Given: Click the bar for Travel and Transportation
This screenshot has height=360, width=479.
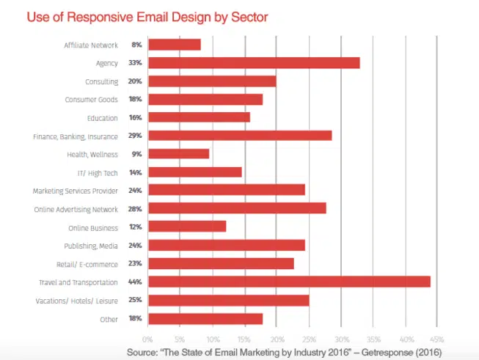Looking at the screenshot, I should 289,282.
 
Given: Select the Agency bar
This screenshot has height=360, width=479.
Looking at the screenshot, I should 254,63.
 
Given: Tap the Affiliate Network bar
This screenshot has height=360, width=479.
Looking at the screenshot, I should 175,45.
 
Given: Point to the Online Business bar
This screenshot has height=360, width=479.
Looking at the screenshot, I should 187,227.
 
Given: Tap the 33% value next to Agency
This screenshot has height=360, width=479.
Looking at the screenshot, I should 136,63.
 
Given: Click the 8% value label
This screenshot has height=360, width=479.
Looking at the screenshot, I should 137,45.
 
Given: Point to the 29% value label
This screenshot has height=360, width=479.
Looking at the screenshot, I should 136,136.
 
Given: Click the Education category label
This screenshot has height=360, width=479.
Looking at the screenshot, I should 103,117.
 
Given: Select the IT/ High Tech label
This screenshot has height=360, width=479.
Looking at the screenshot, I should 98,172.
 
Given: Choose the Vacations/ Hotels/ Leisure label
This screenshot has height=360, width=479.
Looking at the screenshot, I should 82,300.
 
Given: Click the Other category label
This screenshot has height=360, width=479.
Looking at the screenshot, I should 109,318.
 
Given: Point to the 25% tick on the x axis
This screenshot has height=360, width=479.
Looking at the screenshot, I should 310,339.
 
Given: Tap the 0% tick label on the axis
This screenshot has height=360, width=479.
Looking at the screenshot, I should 147,339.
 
